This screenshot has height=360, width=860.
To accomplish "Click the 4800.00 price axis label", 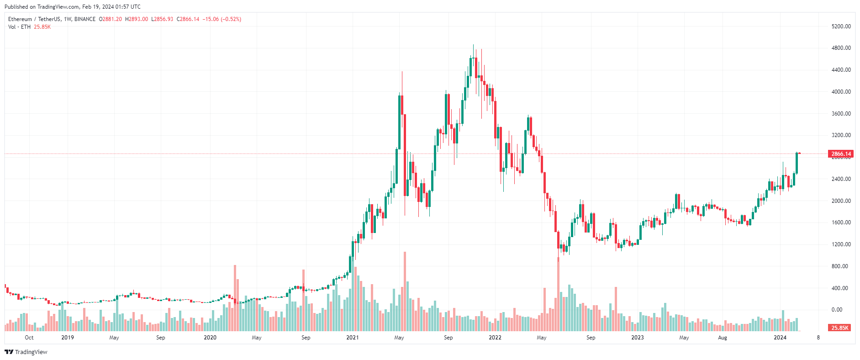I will tap(841, 48).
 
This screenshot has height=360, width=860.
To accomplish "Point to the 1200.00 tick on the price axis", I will tap(841, 244).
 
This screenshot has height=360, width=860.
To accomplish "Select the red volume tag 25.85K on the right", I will tap(839, 328).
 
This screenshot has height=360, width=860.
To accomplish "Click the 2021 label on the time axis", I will tap(353, 338).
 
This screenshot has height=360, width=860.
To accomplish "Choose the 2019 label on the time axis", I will tap(68, 338).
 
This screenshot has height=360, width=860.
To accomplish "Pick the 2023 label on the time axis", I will tap(637, 338).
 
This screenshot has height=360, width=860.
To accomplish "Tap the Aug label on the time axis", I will tap(723, 338).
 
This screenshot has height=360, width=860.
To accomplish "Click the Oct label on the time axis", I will tap(29, 338).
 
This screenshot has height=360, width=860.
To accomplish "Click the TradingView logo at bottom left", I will tap(26, 352).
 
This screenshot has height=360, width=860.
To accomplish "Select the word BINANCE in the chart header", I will tap(85, 19).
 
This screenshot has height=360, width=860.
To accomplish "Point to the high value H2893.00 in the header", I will tap(137, 19).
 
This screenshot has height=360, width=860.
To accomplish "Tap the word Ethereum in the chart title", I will tap(20, 19).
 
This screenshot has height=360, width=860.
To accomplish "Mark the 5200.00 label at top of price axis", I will tap(841, 26).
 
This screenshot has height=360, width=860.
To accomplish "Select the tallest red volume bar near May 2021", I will tap(405, 292).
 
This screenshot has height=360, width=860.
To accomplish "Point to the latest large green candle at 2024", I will tap(797, 163).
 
